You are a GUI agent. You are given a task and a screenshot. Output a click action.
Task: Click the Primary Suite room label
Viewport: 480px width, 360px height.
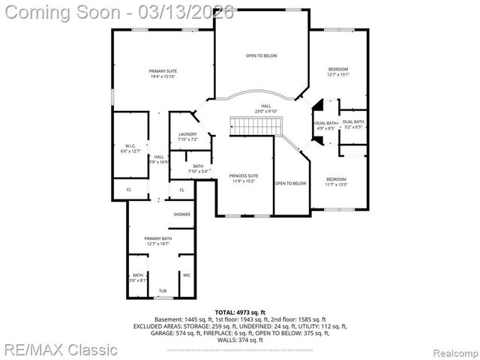click(x=163, y=73)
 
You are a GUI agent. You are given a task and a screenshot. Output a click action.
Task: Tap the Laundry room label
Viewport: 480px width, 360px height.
click(x=187, y=137)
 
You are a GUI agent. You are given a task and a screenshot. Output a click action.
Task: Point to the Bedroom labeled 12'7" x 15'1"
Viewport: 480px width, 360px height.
click(x=337, y=72)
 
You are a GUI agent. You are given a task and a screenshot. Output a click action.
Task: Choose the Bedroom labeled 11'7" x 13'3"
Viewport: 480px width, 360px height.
click(x=336, y=182)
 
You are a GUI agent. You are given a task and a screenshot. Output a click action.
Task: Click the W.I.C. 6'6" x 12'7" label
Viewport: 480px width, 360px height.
click(x=130, y=148)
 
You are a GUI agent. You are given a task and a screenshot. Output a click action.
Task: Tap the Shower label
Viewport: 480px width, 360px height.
click(x=181, y=214)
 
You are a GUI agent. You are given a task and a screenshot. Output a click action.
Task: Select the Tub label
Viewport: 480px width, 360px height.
click(x=163, y=291)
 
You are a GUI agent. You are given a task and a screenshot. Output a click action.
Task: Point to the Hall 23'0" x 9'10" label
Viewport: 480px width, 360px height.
click(x=265, y=109)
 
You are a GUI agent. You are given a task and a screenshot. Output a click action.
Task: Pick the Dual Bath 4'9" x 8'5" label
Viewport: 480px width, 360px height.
click(x=326, y=125)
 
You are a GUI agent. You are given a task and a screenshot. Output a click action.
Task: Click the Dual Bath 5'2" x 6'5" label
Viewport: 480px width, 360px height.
click(x=353, y=124)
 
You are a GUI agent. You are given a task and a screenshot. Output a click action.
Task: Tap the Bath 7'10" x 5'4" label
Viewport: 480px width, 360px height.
click(x=198, y=169)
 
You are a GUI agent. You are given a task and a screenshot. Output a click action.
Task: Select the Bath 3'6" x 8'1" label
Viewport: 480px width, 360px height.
click(x=138, y=278)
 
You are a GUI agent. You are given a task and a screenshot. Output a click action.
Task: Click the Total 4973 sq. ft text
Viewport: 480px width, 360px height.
click(x=240, y=312)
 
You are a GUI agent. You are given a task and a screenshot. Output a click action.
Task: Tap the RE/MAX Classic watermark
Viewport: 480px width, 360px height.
click(x=59, y=349)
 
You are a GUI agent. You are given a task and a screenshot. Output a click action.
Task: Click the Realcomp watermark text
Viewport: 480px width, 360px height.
click(x=453, y=350)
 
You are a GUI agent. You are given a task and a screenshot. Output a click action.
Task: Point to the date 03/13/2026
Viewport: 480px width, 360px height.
click(x=196, y=11)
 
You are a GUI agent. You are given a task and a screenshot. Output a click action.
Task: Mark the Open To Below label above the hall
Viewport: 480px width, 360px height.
click(x=261, y=55)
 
